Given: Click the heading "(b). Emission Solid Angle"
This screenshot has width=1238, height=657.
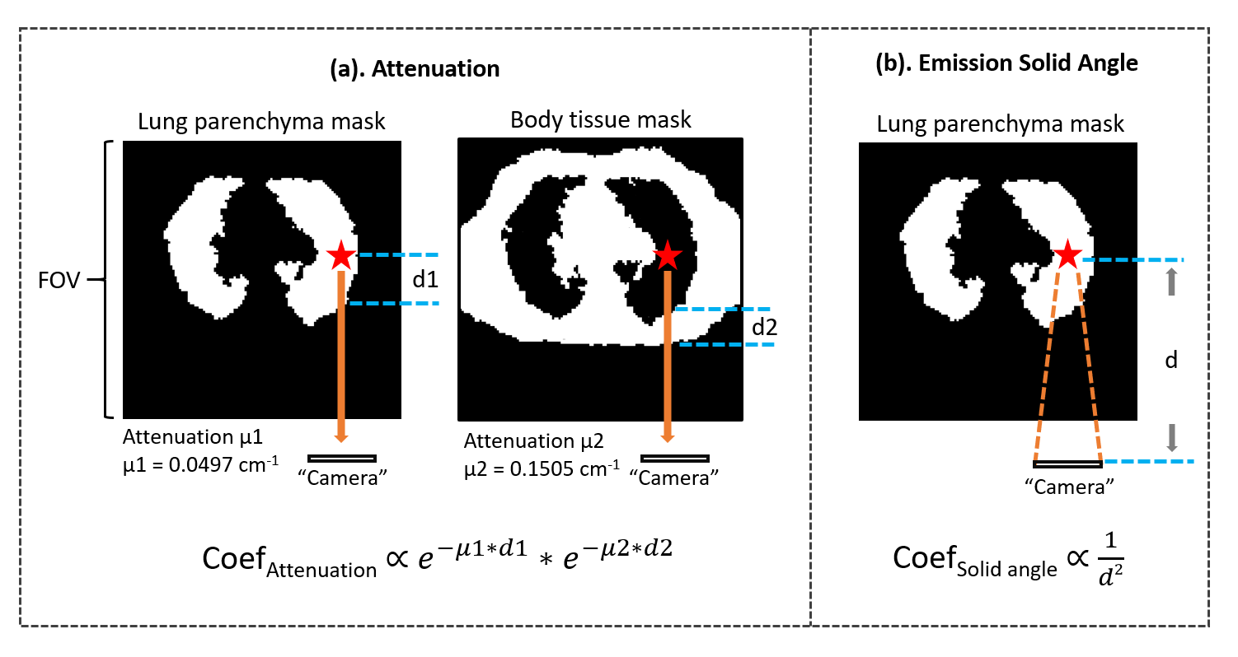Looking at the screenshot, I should point(1006,63).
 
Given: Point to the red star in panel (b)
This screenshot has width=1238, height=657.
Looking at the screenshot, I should point(1067,254).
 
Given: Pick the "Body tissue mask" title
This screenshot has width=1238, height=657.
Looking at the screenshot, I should point(601,120).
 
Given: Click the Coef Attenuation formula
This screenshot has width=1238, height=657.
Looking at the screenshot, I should point(437,559).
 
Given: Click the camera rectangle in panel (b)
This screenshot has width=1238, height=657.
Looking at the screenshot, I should point(1067,464).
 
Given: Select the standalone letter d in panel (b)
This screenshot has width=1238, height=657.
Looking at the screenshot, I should point(1171,361).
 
